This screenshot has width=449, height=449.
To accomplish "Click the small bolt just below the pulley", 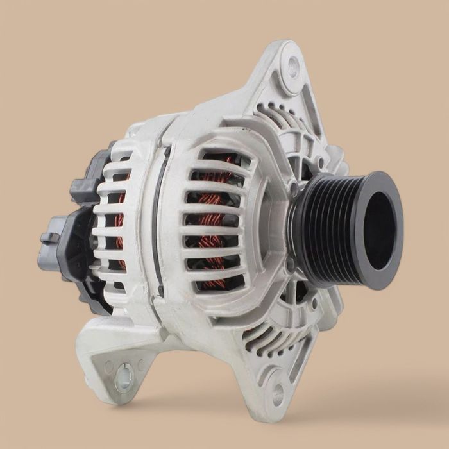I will point(291,263).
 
